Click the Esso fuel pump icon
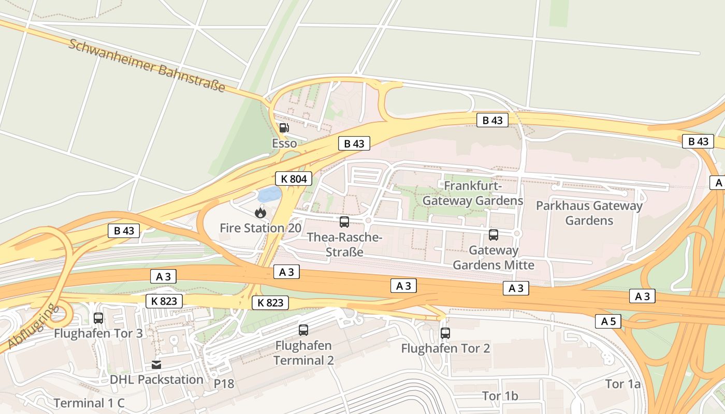tap(284, 128)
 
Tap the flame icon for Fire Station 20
tap(260, 212)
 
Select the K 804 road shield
tap(294, 179)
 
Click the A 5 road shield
tap(608, 321)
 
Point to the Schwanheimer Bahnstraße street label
tap(147, 66)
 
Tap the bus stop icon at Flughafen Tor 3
tap(98, 318)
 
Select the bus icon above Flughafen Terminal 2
tap(303, 330)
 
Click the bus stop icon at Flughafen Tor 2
tap(445, 333)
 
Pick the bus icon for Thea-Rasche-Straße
tap(344, 222)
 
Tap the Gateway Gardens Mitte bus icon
tap(494, 235)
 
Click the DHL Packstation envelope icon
tap(156, 365)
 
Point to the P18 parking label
tap(224, 384)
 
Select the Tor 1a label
tap(623, 384)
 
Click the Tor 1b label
tap(500, 396)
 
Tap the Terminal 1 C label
tap(89, 403)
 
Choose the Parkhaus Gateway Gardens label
tap(589, 213)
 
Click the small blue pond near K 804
tap(270, 195)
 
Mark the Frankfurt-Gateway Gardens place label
tap(473, 193)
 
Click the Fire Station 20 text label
tap(260, 228)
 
